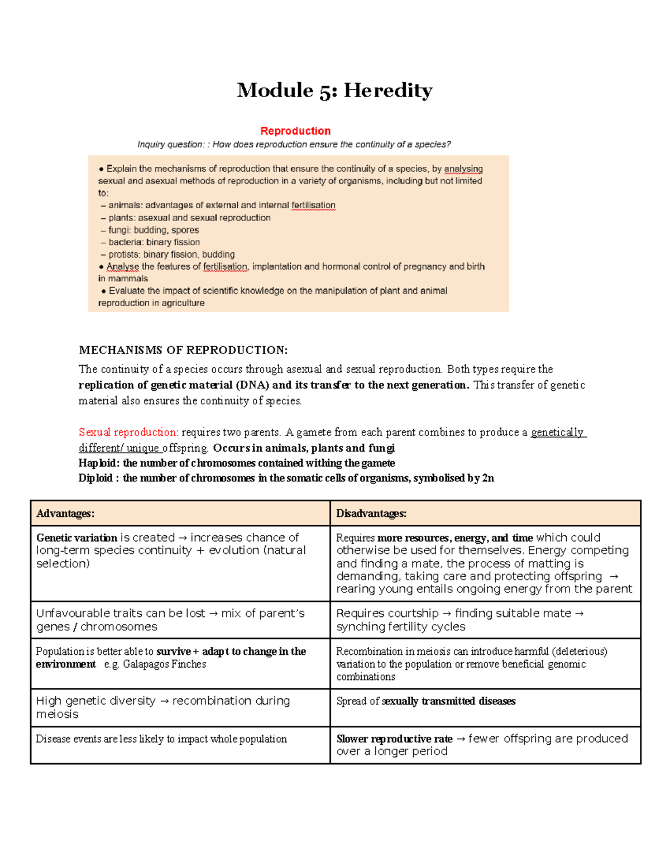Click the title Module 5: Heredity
click(x=334, y=90)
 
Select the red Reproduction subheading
click(x=295, y=131)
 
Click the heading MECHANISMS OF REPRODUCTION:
click(x=183, y=350)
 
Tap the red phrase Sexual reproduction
click(x=127, y=432)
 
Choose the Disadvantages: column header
click(x=371, y=513)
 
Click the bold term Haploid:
click(x=99, y=463)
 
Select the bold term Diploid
click(x=95, y=478)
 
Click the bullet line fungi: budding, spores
click(x=153, y=230)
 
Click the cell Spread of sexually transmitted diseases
click(x=426, y=701)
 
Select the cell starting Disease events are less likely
click(x=161, y=739)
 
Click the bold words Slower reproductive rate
click(x=394, y=739)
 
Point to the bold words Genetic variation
click(x=76, y=538)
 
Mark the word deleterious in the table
click(x=580, y=652)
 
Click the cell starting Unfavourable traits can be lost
click(x=170, y=620)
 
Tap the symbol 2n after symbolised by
click(x=488, y=478)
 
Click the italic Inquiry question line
click(x=294, y=145)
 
